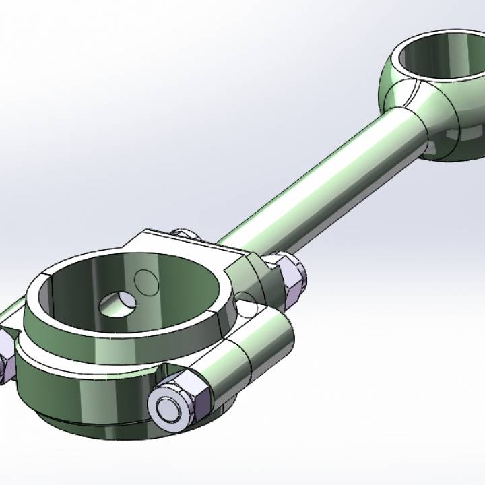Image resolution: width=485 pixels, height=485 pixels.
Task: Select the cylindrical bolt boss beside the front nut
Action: (249, 364)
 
